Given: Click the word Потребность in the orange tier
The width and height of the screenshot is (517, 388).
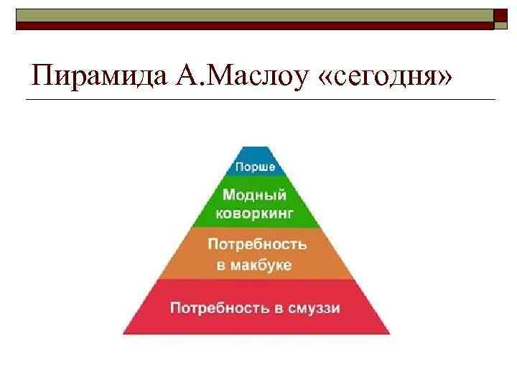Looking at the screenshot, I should pyautogui.click(x=257, y=244).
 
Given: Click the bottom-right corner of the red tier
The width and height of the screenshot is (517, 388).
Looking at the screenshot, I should pyautogui.click(x=390, y=334).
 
